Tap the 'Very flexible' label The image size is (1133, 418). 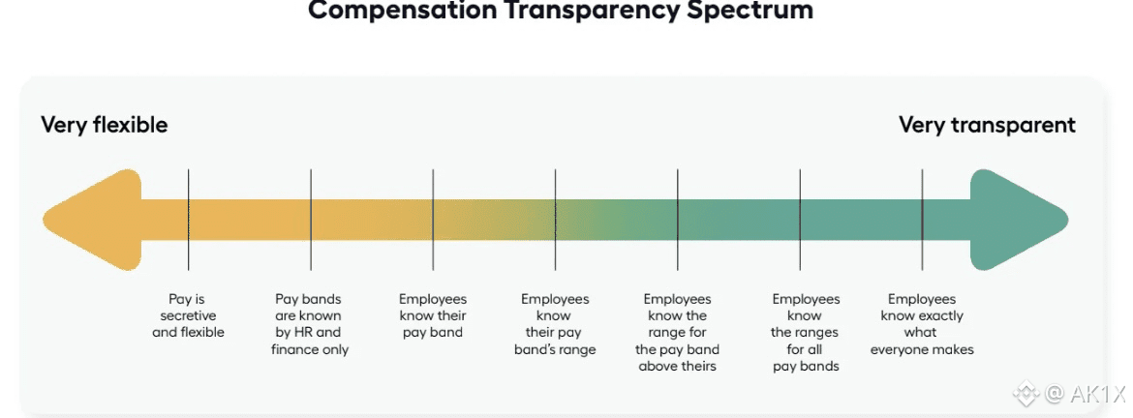104,125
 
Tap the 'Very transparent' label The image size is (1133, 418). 987,125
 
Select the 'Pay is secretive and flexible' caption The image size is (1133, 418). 188,315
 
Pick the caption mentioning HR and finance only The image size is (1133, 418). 309,324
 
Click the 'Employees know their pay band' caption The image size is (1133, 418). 432,315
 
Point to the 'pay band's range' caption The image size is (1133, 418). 555,324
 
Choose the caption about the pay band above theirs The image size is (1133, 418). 677,332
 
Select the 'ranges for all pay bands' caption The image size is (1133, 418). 805,332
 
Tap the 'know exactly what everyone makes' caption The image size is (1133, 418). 922,324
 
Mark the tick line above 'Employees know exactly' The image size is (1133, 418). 922,194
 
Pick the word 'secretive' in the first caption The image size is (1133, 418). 188,315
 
